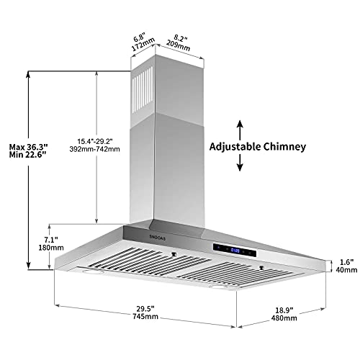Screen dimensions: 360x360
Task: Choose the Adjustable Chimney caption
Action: (x=258, y=146)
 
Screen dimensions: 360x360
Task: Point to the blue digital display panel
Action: (x=230, y=251)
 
